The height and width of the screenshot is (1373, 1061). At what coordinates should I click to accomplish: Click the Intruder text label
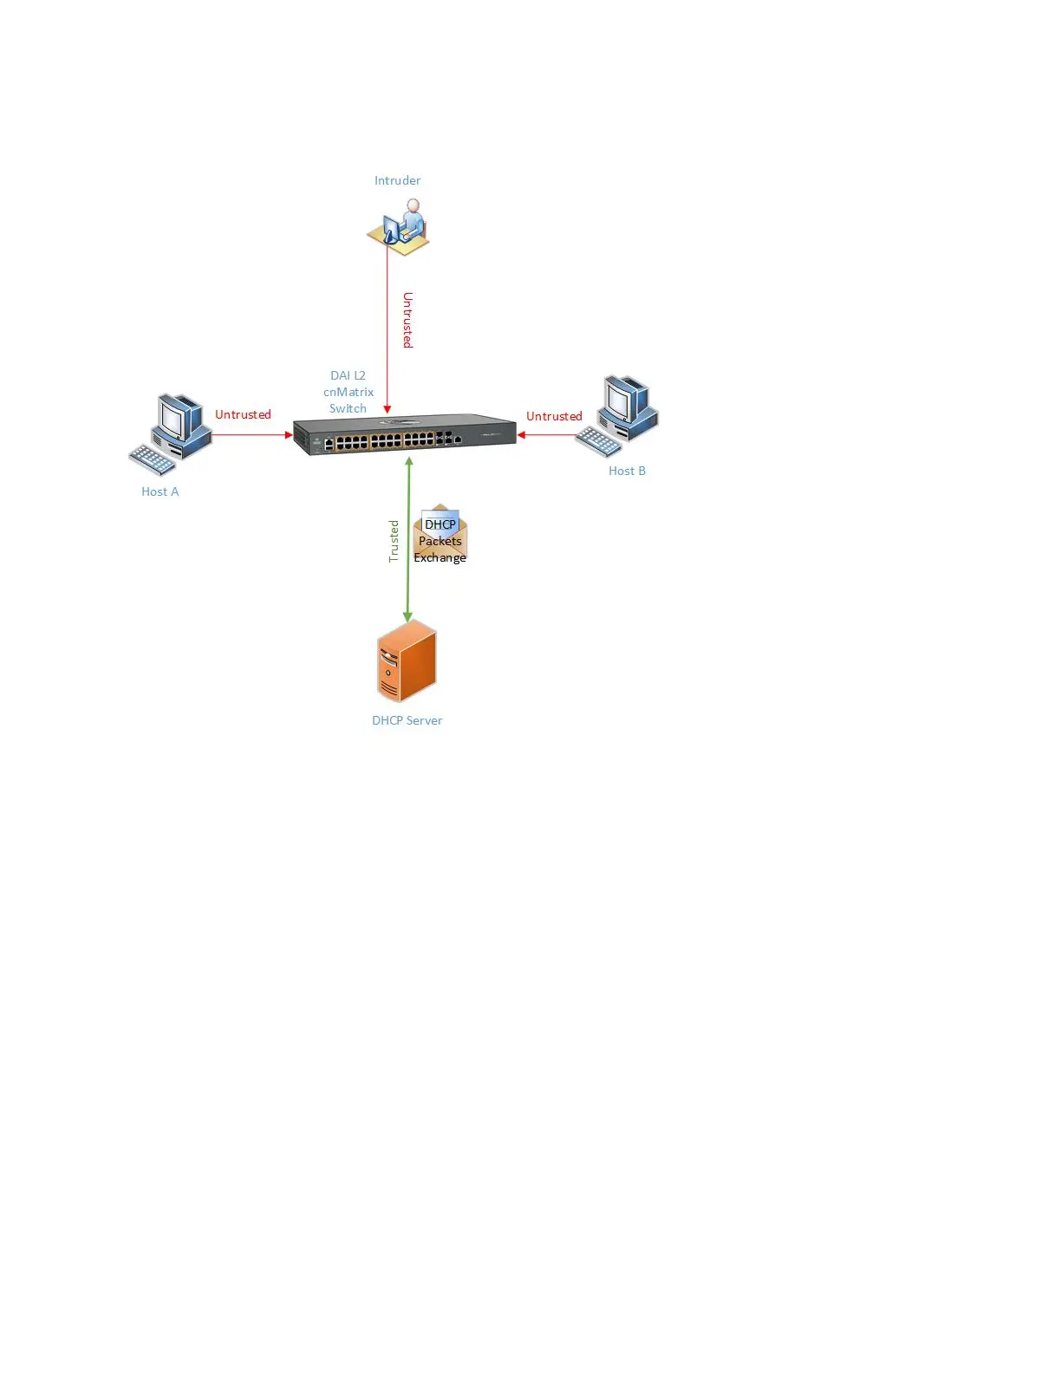click(x=397, y=180)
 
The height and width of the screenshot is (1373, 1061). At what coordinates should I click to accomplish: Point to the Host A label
click(x=160, y=491)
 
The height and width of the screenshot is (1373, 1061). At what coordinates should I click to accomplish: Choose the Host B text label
click(x=627, y=471)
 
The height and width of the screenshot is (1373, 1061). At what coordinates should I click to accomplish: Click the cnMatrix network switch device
click(x=404, y=434)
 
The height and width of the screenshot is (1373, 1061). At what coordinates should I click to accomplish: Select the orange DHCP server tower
click(x=407, y=660)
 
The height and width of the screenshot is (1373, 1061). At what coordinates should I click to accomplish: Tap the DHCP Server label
click(x=407, y=720)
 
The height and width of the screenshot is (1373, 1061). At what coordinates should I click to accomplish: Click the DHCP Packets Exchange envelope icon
click(x=440, y=536)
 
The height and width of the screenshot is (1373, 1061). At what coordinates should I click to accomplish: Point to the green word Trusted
click(x=394, y=541)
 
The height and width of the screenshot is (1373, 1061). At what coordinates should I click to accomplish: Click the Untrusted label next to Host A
click(x=243, y=414)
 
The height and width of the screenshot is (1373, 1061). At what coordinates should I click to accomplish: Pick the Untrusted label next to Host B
click(x=554, y=416)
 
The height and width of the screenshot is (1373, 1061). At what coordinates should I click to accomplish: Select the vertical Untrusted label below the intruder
click(x=407, y=320)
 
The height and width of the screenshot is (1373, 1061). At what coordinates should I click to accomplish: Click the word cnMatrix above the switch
click(x=348, y=392)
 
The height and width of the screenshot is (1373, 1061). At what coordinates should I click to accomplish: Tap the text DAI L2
click(x=348, y=375)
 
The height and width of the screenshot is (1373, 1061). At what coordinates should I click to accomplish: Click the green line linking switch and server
click(x=408, y=589)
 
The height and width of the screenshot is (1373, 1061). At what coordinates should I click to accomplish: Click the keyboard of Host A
click(x=153, y=460)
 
